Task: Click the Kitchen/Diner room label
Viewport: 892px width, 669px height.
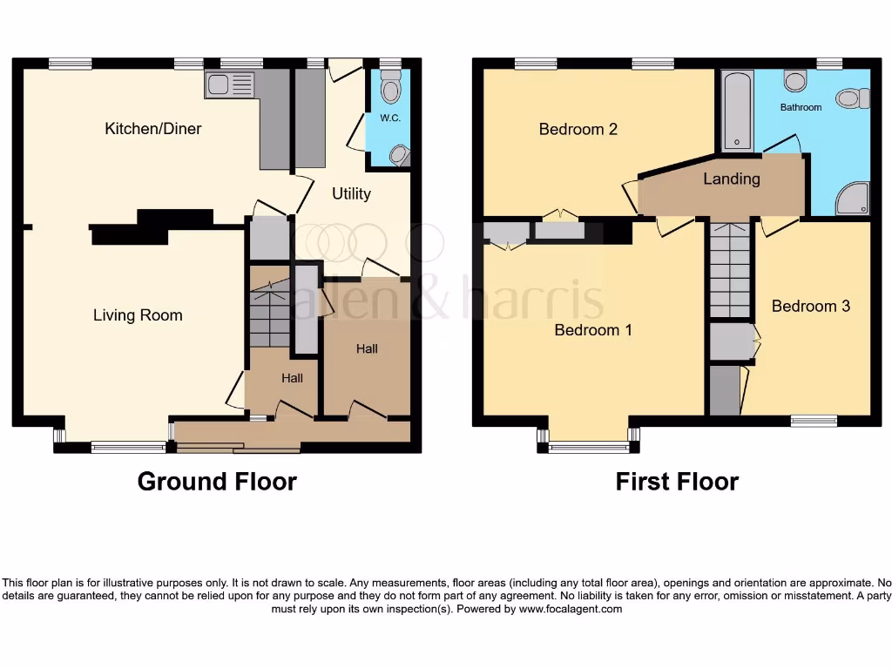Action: pyautogui.click(x=152, y=129)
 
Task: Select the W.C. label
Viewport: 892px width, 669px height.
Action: pyautogui.click(x=389, y=118)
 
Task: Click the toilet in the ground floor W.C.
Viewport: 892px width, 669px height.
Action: pyautogui.click(x=391, y=89)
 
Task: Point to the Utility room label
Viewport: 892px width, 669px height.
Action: pyautogui.click(x=351, y=193)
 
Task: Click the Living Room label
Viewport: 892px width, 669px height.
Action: pyautogui.click(x=138, y=315)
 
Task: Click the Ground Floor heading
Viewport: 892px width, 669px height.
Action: pyautogui.click(x=217, y=482)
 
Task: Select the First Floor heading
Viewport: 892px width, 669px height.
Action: pyautogui.click(x=677, y=482)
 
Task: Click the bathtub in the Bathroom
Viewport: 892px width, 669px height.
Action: pyautogui.click(x=736, y=111)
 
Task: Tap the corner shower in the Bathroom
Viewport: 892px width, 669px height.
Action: pyautogui.click(x=852, y=199)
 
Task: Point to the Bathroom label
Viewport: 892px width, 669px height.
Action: pyautogui.click(x=801, y=107)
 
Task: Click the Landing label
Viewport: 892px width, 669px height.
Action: pyautogui.click(x=732, y=179)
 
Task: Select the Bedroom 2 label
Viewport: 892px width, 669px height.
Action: pyautogui.click(x=578, y=130)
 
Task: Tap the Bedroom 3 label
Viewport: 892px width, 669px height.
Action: pyautogui.click(x=810, y=307)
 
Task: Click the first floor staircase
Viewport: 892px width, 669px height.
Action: pyautogui.click(x=729, y=270)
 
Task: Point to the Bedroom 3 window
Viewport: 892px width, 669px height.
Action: pyautogui.click(x=814, y=421)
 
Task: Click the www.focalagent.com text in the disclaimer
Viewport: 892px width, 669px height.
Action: pyautogui.click(x=571, y=610)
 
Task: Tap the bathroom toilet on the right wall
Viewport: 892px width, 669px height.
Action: pyautogui.click(x=853, y=98)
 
